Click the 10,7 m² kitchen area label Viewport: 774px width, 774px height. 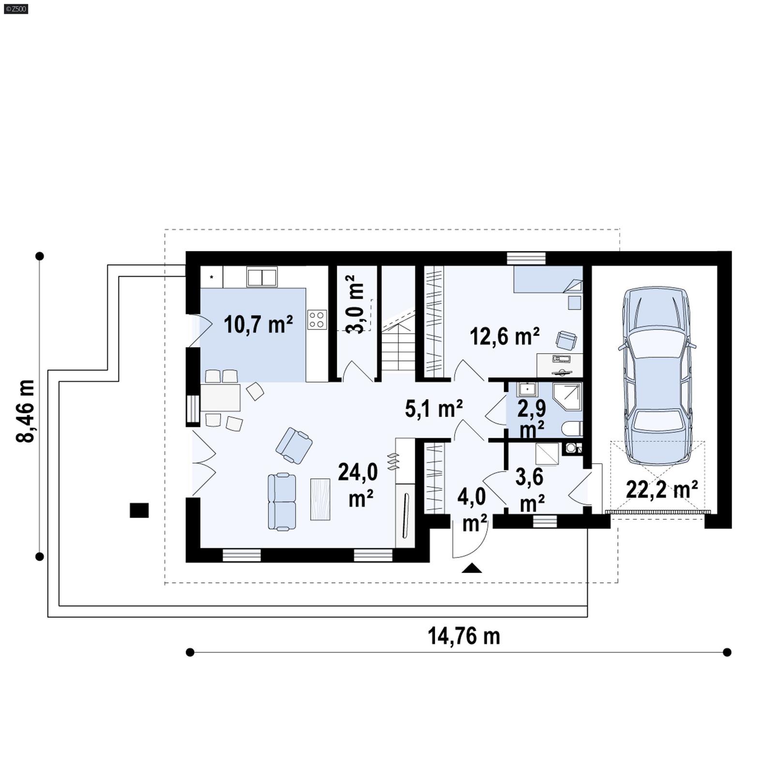258,325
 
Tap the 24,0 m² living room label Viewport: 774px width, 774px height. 357,484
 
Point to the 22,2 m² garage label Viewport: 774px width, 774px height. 661,490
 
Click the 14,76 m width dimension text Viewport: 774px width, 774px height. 463,636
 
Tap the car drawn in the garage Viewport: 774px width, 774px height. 656,375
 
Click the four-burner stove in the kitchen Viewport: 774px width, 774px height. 317,320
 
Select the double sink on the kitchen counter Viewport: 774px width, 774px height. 262,277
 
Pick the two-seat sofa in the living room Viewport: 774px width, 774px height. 282,502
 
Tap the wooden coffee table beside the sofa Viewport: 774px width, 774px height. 320,499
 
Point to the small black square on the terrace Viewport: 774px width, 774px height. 139,510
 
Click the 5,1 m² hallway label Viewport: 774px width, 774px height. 433,409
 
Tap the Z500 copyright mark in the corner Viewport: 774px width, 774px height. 15,8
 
